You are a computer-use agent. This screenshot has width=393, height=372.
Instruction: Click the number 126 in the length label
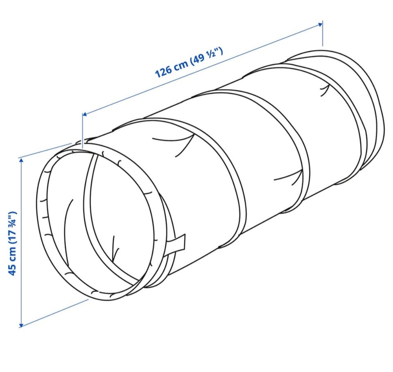click(x=164, y=71)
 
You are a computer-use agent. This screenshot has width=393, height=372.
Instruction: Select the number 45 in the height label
click(x=12, y=270)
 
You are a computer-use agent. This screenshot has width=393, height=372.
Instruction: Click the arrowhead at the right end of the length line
click(x=320, y=24)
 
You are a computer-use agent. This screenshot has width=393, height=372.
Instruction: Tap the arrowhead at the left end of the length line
click(x=85, y=114)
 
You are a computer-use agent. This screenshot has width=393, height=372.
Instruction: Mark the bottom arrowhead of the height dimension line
click(x=21, y=325)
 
